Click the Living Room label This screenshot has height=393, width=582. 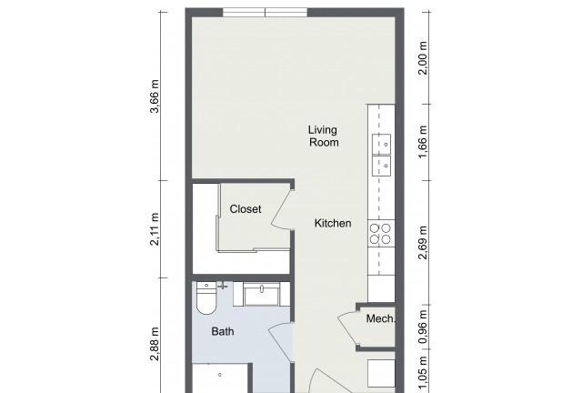324,136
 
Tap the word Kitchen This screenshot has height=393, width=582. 333,223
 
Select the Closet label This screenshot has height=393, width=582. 246,209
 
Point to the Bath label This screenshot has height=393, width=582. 223,331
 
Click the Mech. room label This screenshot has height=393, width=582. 380,318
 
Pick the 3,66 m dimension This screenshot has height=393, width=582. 155,96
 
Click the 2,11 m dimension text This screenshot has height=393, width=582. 155,229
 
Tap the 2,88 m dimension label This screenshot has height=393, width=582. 155,344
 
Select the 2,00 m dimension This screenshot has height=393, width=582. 423,58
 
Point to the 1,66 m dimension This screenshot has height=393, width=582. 423,142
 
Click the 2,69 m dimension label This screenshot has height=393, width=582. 423,243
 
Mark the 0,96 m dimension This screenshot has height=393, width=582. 423,327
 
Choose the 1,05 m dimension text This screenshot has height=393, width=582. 423,374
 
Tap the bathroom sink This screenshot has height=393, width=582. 262,294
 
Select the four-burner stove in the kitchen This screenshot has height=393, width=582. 381,234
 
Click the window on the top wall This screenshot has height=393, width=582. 265,12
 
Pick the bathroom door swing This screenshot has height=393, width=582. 281,342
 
